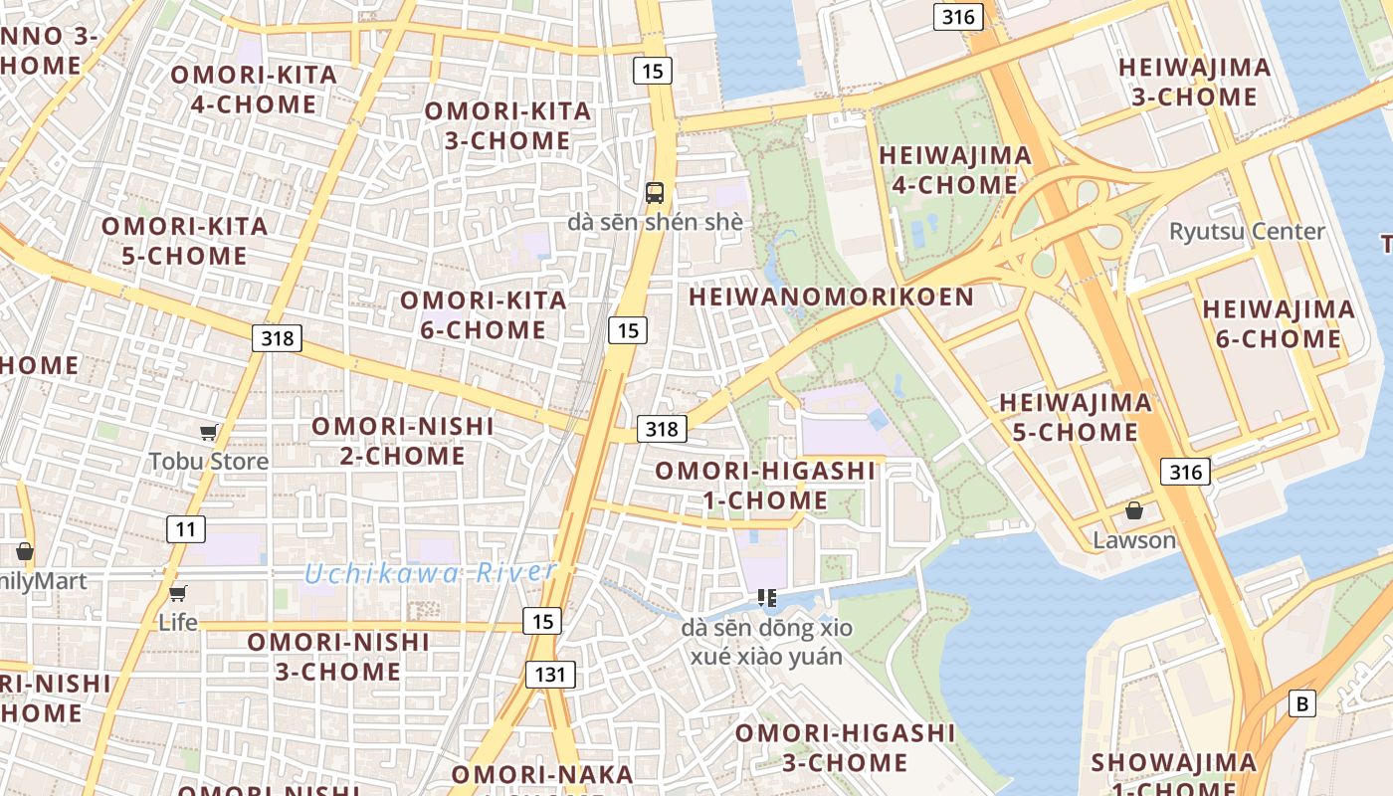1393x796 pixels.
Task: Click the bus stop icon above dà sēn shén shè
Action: click(x=654, y=193)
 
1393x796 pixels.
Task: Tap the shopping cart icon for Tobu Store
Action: click(x=209, y=432)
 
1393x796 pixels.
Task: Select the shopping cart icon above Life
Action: click(x=178, y=593)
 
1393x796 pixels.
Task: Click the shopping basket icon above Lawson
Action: click(x=1133, y=511)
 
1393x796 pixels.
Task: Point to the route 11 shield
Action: click(x=186, y=529)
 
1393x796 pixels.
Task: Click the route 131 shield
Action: click(x=549, y=675)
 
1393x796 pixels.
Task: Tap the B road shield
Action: click(x=1301, y=703)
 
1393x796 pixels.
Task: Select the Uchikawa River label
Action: click(x=430, y=573)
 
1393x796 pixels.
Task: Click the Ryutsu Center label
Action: click(x=1247, y=232)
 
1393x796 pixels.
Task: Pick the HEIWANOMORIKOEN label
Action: click(x=831, y=297)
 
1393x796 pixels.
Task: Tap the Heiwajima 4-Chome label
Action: click(x=955, y=170)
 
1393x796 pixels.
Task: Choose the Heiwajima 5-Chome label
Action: click(x=1076, y=417)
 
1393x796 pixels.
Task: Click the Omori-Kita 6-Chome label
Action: click(x=484, y=314)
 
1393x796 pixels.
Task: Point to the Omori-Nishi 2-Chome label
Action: click(x=403, y=441)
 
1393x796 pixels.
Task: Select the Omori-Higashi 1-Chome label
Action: click(x=765, y=485)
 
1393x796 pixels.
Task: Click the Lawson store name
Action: click(x=1134, y=541)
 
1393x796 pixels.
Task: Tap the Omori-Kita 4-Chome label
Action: click(x=254, y=90)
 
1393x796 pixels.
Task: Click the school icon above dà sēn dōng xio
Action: click(x=766, y=598)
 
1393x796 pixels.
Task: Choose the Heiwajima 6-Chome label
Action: click(x=1279, y=323)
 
